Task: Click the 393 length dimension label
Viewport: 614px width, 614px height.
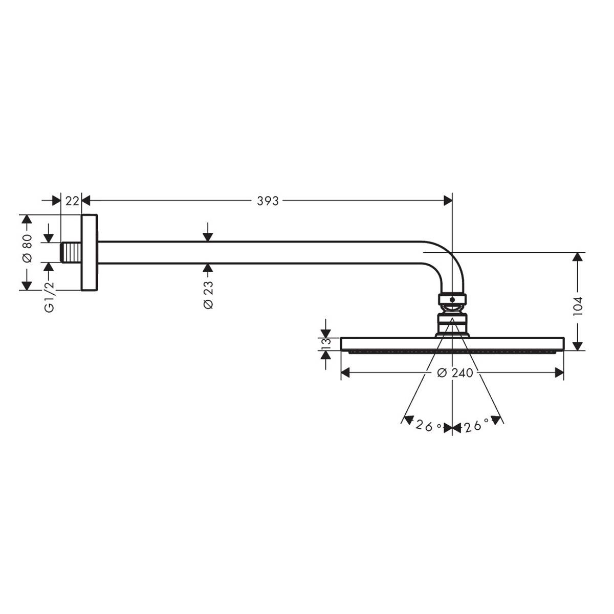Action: point(267,201)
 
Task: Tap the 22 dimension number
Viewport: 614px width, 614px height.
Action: point(72,201)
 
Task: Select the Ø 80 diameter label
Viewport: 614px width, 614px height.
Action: point(28,249)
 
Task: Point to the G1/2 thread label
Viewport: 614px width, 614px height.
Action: point(49,297)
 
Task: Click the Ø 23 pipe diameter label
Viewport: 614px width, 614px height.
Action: point(208,295)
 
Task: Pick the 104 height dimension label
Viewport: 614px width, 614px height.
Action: point(577,306)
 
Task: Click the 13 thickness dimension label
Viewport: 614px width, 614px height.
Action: point(325,344)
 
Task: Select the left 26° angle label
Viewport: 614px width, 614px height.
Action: point(428,426)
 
